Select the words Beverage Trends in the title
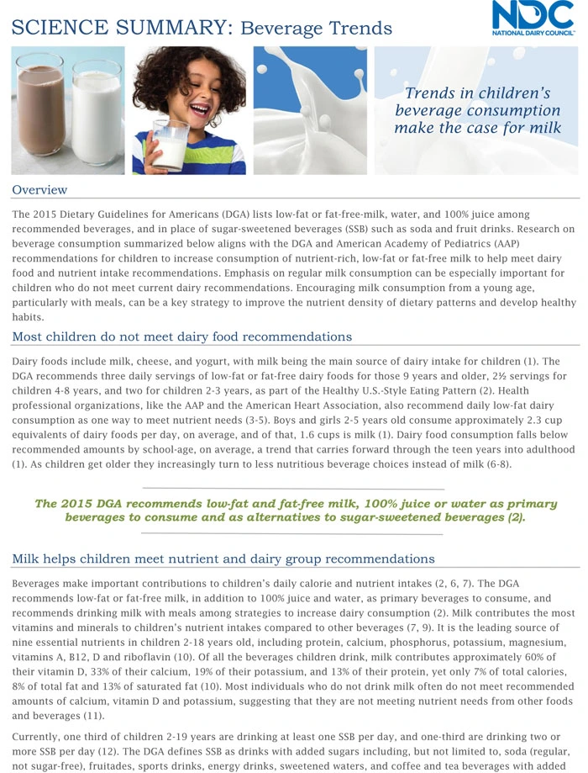[x=316, y=29]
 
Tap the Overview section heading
[x=39, y=189]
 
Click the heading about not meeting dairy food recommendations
[x=181, y=337]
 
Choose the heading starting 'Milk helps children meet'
[x=223, y=559]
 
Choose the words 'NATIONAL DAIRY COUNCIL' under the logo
[x=533, y=34]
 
